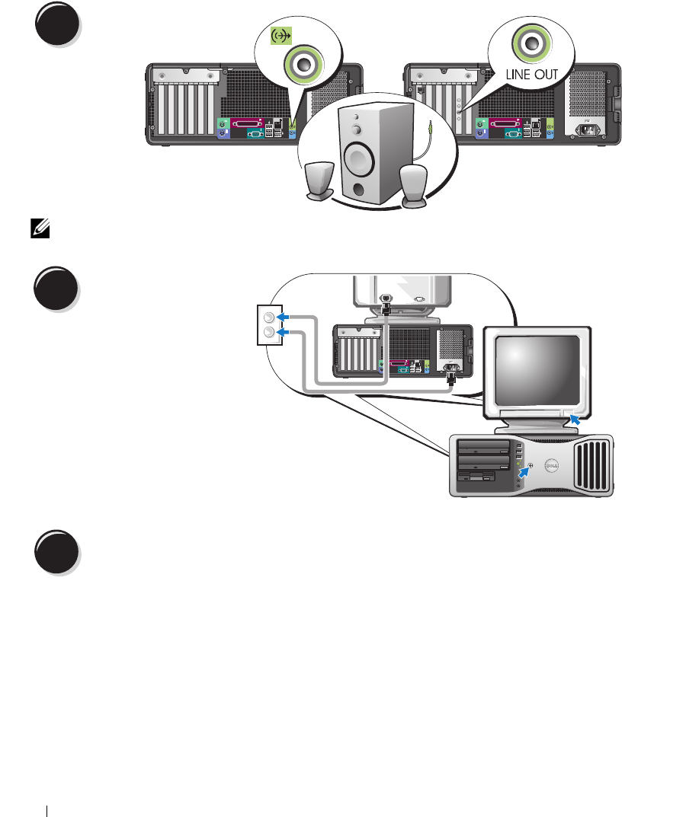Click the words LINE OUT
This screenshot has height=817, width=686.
click(531, 74)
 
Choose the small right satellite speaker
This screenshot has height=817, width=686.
click(414, 186)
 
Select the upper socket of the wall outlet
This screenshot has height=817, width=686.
click(268, 318)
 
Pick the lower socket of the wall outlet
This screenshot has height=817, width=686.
click(268, 333)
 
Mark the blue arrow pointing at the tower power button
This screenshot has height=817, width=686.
click(524, 473)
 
